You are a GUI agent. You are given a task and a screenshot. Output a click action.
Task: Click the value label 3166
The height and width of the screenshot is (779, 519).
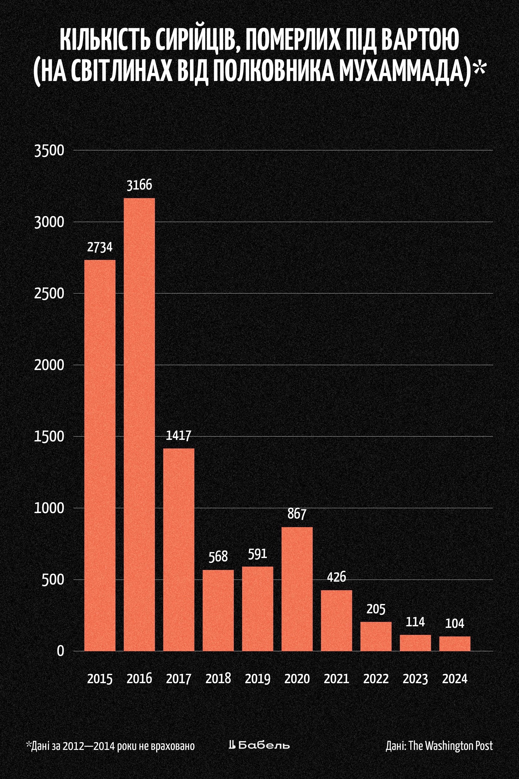click(x=139, y=185)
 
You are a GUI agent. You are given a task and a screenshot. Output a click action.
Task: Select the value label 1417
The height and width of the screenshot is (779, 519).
click(x=179, y=435)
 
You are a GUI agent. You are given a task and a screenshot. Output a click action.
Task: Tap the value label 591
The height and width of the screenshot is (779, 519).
click(x=257, y=554)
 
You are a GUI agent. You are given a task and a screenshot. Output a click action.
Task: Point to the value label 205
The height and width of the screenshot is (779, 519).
click(x=376, y=609)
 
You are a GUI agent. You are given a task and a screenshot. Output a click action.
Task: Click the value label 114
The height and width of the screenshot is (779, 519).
click(x=415, y=622)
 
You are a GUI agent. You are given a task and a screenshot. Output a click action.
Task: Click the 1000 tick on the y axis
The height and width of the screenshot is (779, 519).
click(x=49, y=508)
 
